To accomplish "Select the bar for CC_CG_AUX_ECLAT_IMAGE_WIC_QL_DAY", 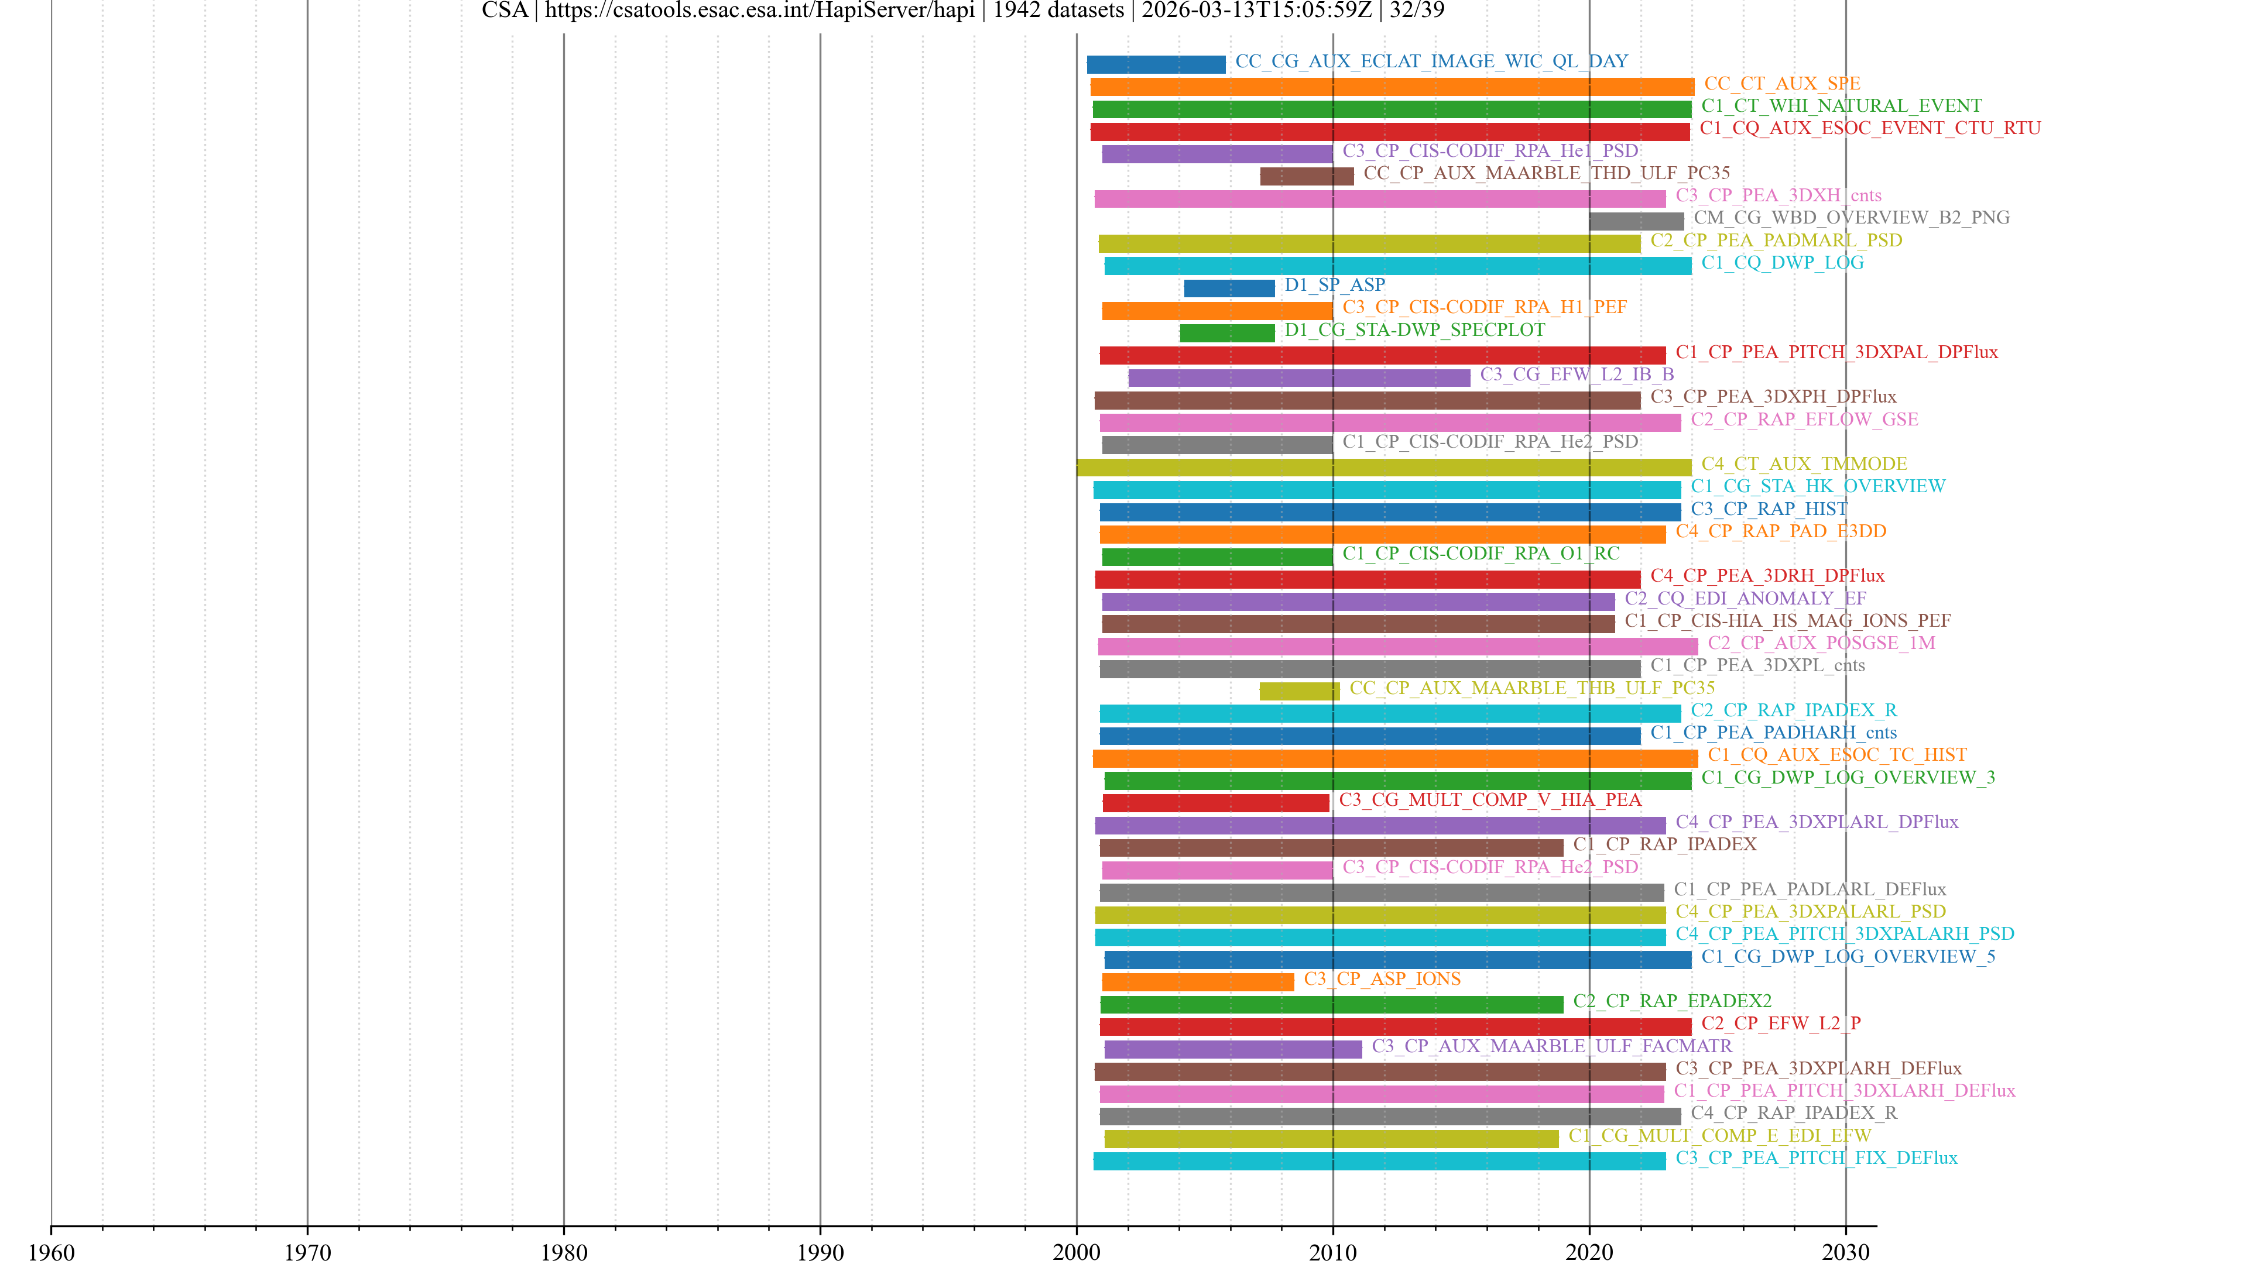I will (x=1156, y=64).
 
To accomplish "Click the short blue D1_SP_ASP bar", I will (x=1229, y=288).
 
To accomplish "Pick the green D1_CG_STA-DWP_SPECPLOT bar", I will (x=1227, y=333).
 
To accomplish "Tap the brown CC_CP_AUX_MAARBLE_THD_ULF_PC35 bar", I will (x=1307, y=176).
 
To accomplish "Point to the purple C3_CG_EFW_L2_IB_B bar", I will (x=1298, y=377).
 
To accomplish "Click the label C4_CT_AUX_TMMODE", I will (x=1804, y=464).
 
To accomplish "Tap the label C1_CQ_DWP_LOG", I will (x=1782, y=263).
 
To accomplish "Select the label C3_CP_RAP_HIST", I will (x=1769, y=509).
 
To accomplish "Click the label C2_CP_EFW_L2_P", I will (x=1780, y=1023).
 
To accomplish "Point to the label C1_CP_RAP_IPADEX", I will (x=1664, y=844).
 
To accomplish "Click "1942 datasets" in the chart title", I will (x=1058, y=11).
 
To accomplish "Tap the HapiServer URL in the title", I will (x=759, y=11).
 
